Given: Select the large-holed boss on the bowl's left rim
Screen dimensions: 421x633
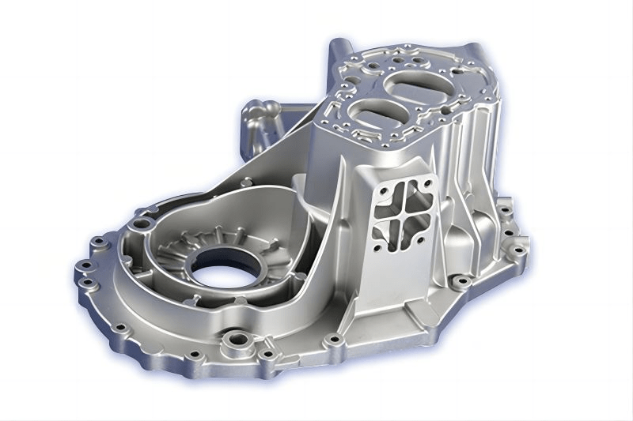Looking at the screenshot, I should (141, 224).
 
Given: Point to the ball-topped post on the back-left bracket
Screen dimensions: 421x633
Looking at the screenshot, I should (252, 117).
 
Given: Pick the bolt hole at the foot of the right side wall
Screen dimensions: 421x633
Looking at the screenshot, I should (459, 280).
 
